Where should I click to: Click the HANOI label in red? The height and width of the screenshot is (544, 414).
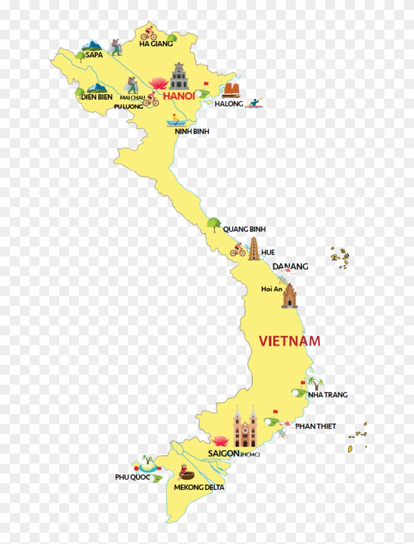[x=179, y=96]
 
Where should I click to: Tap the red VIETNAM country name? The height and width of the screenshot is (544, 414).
[x=290, y=341]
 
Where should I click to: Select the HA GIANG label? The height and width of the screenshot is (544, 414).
[x=156, y=43]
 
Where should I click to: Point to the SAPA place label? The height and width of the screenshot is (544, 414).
[x=94, y=55]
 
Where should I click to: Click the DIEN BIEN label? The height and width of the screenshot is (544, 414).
[x=97, y=97]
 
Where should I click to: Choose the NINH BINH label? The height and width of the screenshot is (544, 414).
[x=192, y=131]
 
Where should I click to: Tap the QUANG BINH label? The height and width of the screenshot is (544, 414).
[x=244, y=229]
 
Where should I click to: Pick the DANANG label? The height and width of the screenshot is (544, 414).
[x=290, y=266]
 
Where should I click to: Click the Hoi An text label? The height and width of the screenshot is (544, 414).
[x=272, y=289]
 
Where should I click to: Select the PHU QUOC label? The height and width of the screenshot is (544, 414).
[x=132, y=477]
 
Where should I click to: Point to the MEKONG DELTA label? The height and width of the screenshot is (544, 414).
[x=199, y=487]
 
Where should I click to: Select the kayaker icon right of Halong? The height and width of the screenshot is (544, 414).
[x=255, y=103]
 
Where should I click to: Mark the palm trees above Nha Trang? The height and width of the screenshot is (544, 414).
[x=315, y=383]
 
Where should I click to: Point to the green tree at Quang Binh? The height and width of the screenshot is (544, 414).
[x=213, y=224]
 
